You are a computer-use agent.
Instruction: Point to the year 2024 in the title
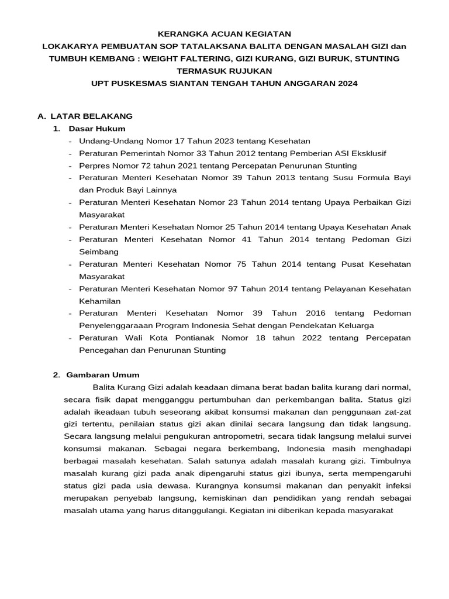click(345, 84)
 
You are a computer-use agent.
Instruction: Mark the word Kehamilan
click(99, 301)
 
